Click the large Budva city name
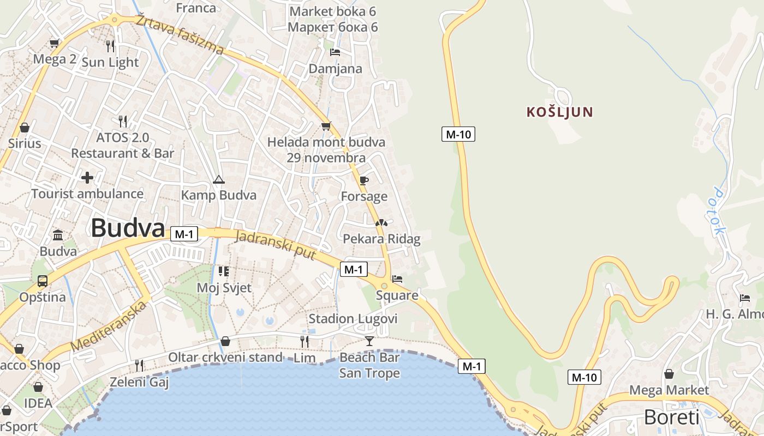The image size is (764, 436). pyautogui.click(x=128, y=228)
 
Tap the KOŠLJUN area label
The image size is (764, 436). pyautogui.click(x=559, y=112)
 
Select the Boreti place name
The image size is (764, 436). pyautogui.click(x=671, y=417)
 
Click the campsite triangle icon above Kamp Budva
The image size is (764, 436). pyautogui.click(x=218, y=180)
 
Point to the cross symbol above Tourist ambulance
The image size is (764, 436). pyautogui.click(x=87, y=178)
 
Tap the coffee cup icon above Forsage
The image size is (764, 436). pyautogui.click(x=364, y=180)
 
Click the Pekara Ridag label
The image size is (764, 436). pyautogui.click(x=381, y=239)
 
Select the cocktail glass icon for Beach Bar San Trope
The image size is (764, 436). pyautogui.click(x=369, y=341)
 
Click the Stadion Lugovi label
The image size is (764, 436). pyautogui.click(x=353, y=319)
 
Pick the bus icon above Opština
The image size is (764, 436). pyautogui.click(x=43, y=281)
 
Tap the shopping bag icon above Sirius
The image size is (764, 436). pyautogui.click(x=25, y=128)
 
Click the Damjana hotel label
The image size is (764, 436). pyautogui.click(x=336, y=69)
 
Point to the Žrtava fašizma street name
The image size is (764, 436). pyautogui.click(x=180, y=35)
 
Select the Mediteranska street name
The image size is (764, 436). pyautogui.click(x=109, y=326)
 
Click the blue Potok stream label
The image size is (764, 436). pyautogui.click(x=719, y=211)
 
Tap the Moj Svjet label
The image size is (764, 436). pyautogui.click(x=224, y=287)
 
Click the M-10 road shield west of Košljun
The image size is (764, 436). pyautogui.click(x=458, y=134)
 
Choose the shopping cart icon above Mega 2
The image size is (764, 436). pyautogui.click(x=54, y=43)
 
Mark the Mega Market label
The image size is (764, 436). pyautogui.click(x=669, y=390)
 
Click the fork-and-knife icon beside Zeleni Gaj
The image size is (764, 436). pyautogui.click(x=139, y=365)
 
